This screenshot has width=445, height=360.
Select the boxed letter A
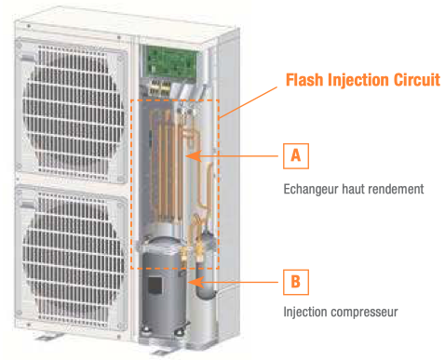[296, 156]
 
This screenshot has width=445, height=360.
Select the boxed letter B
[296, 282]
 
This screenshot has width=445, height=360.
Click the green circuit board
[171, 61]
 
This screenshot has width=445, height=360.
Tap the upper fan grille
[72, 112]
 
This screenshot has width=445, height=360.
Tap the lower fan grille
[72, 259]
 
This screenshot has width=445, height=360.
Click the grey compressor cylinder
[164, 287]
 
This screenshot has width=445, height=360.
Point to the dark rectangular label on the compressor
[155, 286]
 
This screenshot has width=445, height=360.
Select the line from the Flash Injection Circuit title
[248, 103]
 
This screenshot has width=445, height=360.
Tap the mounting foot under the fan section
[48, 336]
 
